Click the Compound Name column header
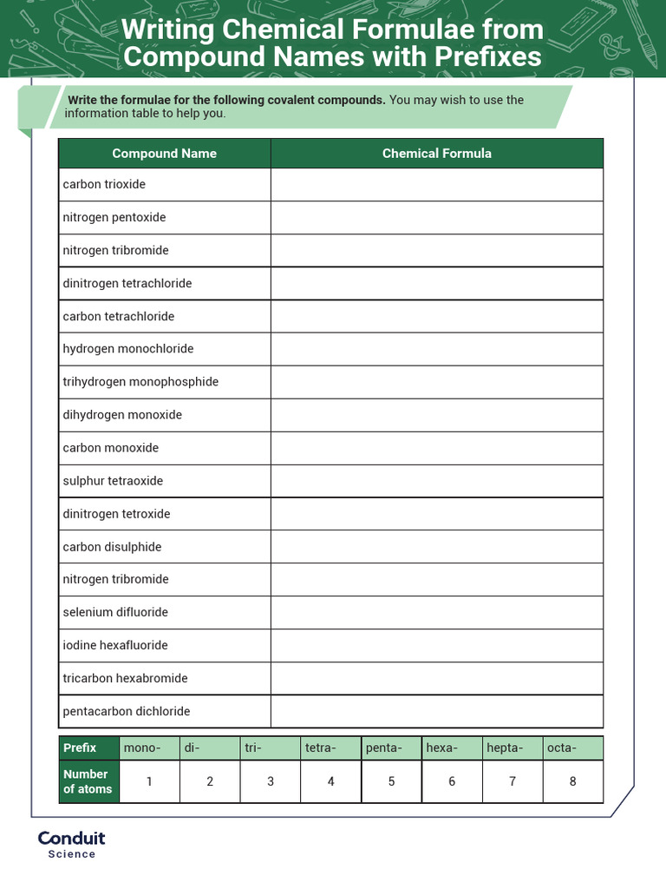(164, 154)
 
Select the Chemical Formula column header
(436, 154)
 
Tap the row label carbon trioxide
(104, 185)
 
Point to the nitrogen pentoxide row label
(114, 217)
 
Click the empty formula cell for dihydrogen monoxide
(436, 415)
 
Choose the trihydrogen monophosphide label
(140, 382)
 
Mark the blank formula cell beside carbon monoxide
(436, 448)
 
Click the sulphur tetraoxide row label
(113, 481)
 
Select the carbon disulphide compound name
(112, 547)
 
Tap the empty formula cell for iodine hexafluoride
(436, 645)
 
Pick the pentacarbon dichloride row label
(126, 711)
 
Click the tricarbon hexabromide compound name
(125, 678)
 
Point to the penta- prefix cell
(391, 747)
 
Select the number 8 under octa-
(572, 781)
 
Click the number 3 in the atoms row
(271, 781)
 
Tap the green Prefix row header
(88, 747)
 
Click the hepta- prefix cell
(512, 747)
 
